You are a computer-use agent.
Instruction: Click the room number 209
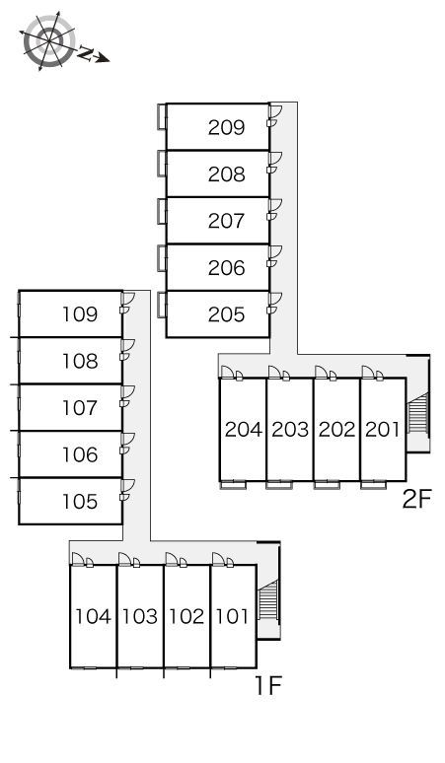226,127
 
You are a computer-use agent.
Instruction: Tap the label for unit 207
226,221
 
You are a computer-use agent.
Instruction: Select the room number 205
226,314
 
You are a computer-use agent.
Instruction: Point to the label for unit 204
244,429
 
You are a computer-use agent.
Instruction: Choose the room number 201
382,429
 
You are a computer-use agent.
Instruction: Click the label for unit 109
80,314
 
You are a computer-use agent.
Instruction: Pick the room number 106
80,454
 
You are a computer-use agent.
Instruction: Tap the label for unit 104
93,616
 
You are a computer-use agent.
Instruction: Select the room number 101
232,616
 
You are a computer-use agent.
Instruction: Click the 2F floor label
417,499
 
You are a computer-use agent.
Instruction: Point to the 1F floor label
268,686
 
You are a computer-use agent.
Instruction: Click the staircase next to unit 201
418,413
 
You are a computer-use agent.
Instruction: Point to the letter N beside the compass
86,53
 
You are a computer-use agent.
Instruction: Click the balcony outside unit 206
162,258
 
